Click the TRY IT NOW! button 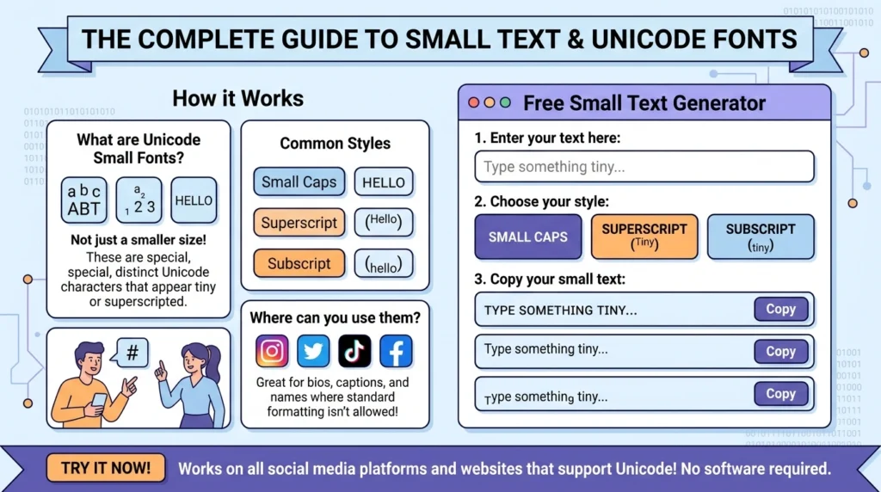click(106, 468)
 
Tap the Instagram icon click(272, 351)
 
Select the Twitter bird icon click(313, 351)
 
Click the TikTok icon click(354, 351)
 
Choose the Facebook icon click(396, 351)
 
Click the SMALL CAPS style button click(527, 237)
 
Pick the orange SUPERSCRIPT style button click(644, 237)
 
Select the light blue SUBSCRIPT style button click(761, 237)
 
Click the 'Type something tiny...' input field click(644, 167)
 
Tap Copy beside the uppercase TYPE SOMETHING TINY click(780, 310)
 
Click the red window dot click(473, 102)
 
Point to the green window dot click(505, 102)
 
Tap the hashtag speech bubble click(132, 354)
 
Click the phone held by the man click(99, 399)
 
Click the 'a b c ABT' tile click(83, 200)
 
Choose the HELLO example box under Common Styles click(384, 182)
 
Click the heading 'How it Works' click(237, 98)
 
